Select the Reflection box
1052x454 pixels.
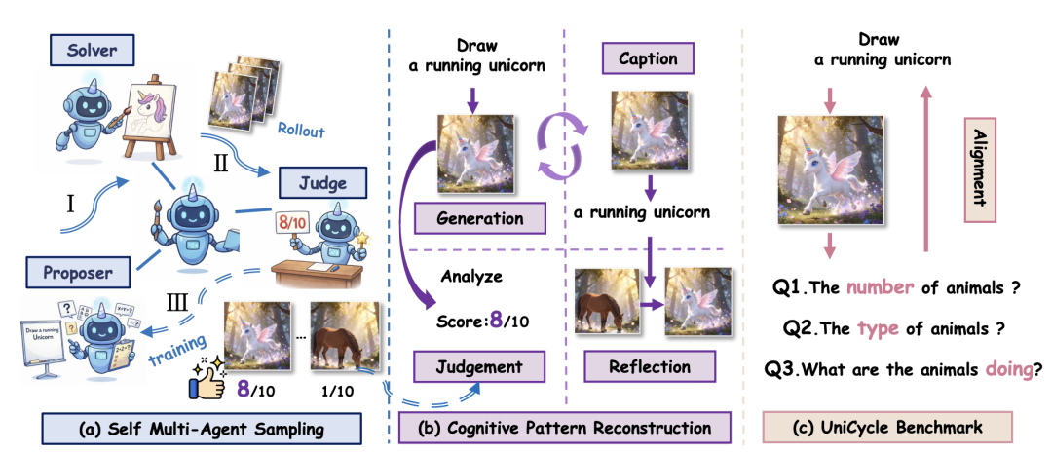(x=648, y=367)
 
